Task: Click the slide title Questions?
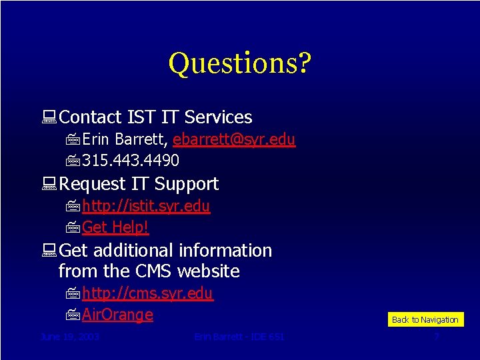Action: (x=240, y=63)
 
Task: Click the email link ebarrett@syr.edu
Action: (x=233, y=139)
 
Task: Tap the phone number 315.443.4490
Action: (x=131, y=161)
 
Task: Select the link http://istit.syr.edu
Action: (x=146, y=207)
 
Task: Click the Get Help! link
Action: (x=115, y=227)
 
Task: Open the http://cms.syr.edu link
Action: (x=147, y=293)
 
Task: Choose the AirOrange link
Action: (x=117, y=315)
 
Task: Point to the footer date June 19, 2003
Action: (x=70, y=337)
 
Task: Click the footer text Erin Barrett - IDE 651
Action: (x=239, y=337)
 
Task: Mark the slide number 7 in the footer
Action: (x=437, y=337)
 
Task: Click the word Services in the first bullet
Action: (x=218, y=117)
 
